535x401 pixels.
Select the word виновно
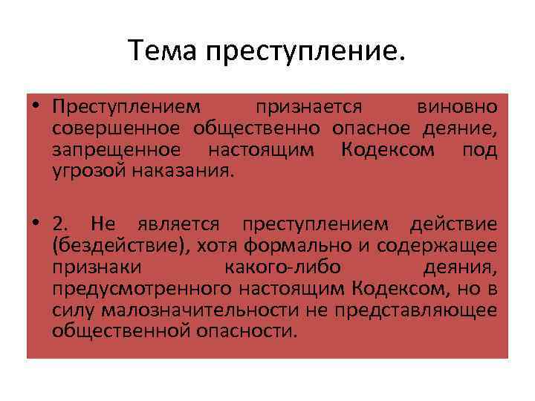(x=456, y=108)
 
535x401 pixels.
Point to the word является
(x=178, y=224)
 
